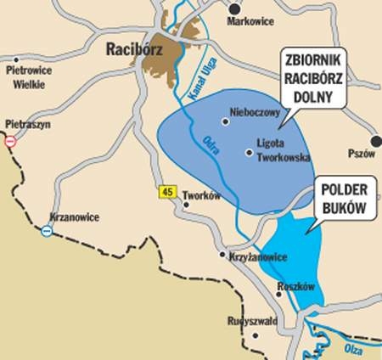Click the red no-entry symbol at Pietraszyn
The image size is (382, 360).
point(10,143)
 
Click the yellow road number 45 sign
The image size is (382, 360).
point(166,193)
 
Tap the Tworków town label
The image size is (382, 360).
point(202,194)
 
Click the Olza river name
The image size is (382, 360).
point(355,348)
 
